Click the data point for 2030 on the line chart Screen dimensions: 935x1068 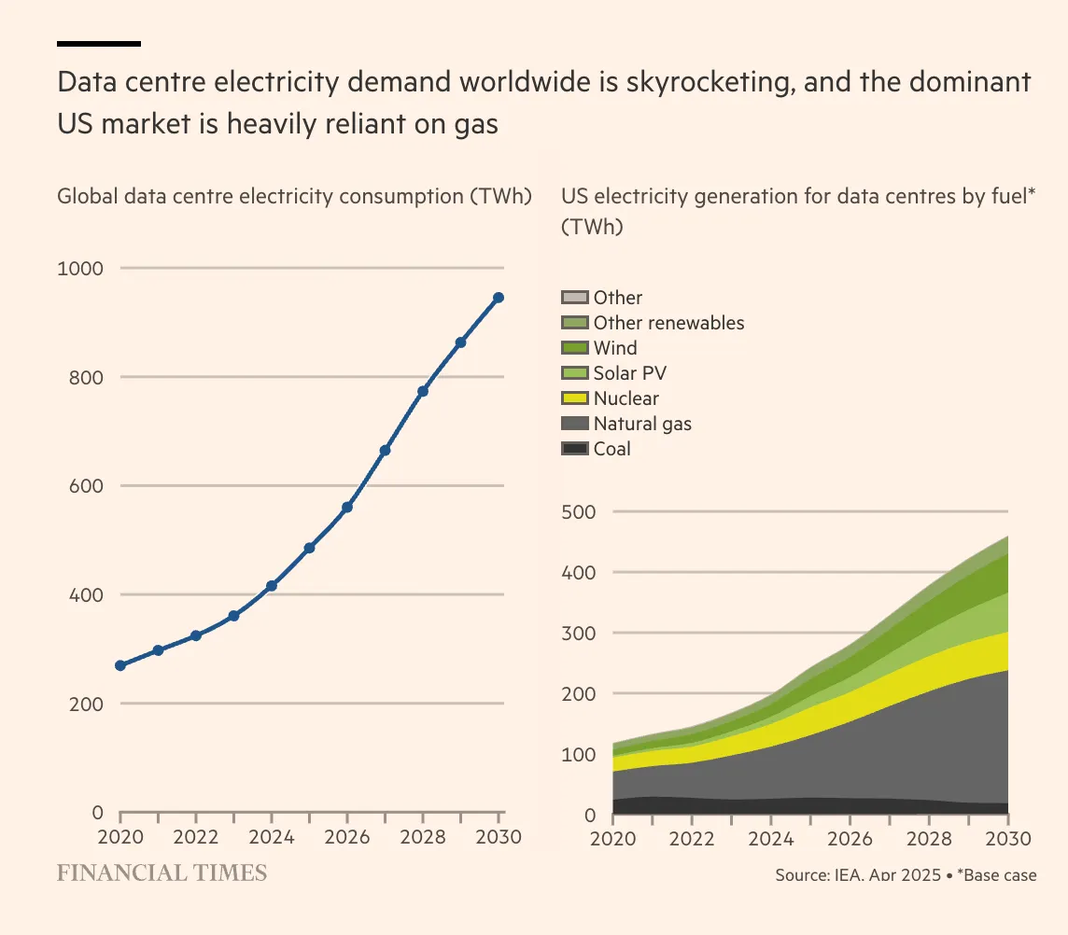point(499,298)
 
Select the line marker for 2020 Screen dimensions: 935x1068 point(120,665)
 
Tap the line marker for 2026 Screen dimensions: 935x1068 point(347,507)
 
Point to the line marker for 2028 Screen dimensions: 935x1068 point(423,391)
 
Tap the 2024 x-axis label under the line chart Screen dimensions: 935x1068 point(272,837)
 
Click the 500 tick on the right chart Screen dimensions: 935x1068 point(579,512)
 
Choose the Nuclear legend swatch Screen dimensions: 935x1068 point(574,398)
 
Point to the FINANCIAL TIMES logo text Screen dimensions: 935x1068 point(162,873)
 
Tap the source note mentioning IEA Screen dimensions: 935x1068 point(905,875)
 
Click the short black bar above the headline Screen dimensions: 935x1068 point(99,43)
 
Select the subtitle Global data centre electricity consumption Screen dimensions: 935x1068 point(293,197)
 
